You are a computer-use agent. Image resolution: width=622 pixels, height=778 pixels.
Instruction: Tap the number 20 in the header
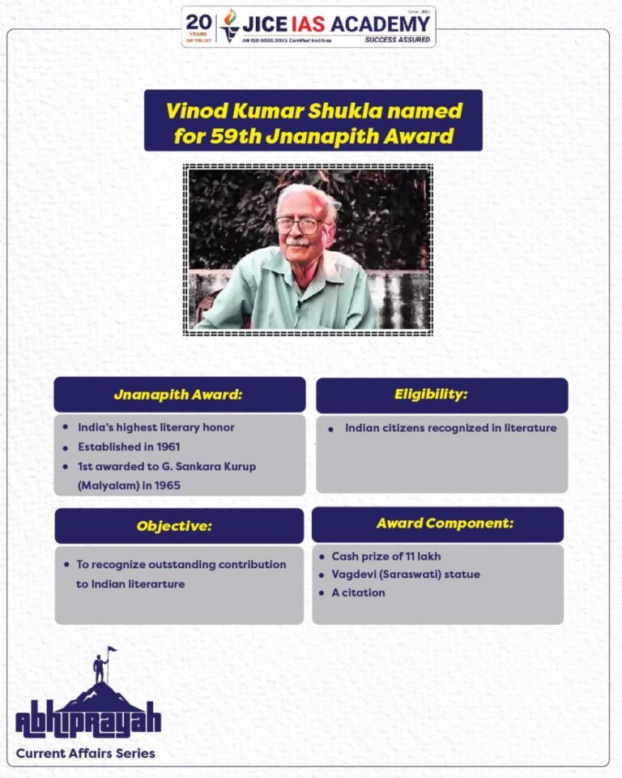[198, 22]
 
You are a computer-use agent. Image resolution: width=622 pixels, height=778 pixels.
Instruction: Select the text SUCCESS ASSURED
[398, 39]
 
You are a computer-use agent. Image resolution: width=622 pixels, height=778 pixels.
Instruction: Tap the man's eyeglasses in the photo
[301, 224]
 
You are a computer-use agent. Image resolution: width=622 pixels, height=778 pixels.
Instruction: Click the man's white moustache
[297, 242]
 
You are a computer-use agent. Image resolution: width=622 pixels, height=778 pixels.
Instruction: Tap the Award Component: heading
[445, 524]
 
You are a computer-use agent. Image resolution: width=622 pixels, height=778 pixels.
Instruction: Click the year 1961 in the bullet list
[164, 447]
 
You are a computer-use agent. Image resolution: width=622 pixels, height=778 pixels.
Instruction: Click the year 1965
[164, 485]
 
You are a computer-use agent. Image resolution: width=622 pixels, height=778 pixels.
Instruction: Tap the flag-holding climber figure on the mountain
[101, 666]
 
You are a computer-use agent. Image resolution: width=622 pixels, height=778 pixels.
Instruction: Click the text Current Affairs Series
[86, 754]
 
